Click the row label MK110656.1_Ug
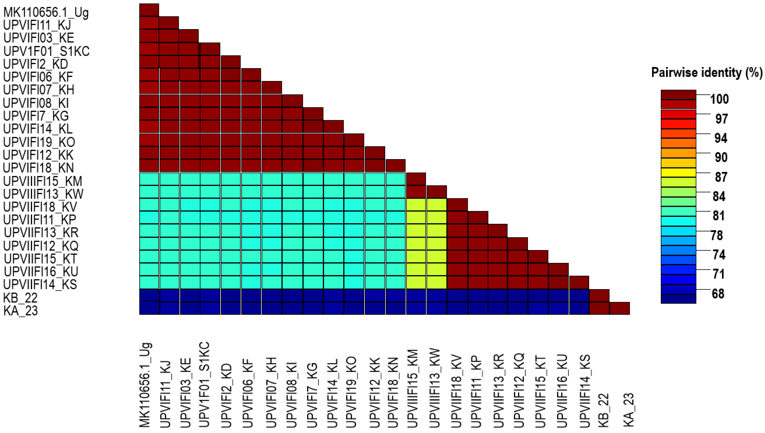pyautogui.click(x=46, y=13)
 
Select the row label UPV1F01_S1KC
pyautogui.click(x=46, y=51)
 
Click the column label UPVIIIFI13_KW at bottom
pyautogui.click(x=435, y=388)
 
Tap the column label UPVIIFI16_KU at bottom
pyautogui.click(x=561, y=391)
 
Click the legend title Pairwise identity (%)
pyautogui.click(x=707, y=73)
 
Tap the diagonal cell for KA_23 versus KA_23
pyautogui.click(x=620, y=308)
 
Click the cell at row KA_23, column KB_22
pyautogui.click(x=599, y=308)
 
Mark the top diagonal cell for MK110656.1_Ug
pyautogui.click(x=149, y=10)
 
